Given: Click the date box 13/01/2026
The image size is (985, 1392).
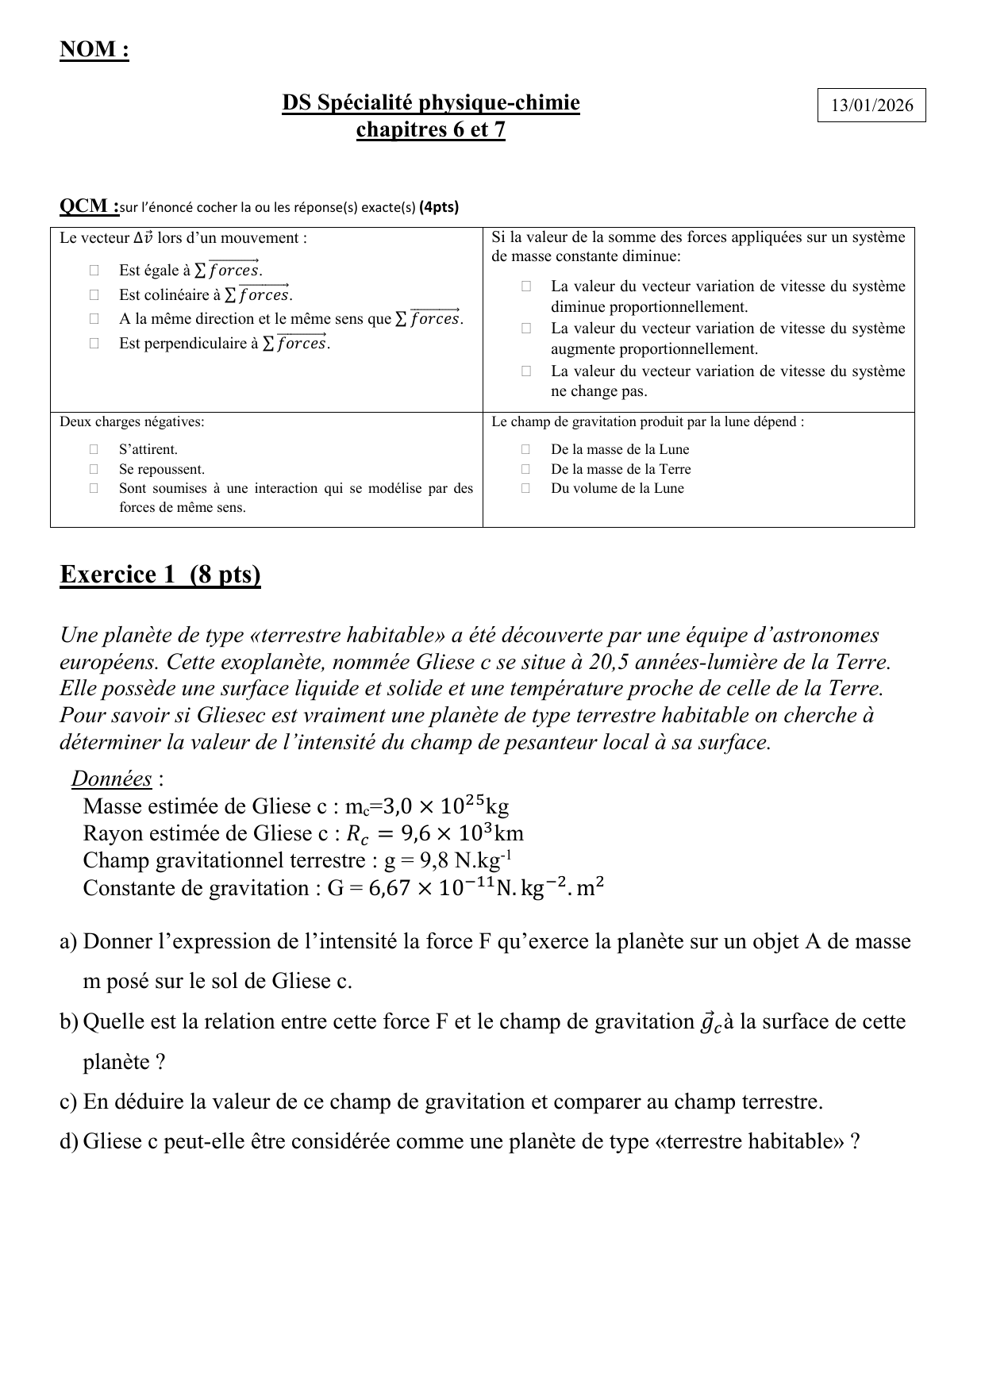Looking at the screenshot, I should [x=871, y=105].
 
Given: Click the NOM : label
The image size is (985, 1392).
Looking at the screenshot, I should [x=94, y=49].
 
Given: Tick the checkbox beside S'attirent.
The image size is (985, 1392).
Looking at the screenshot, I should [x=94, y=449].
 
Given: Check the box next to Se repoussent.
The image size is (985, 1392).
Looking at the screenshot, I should [x=94, y=469].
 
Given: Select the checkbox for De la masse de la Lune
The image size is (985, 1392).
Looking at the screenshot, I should [x=525, y=449].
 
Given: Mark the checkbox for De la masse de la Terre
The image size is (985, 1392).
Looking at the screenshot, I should [x=525, y=469].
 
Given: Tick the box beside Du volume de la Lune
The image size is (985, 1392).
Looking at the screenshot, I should [x=525, y=488].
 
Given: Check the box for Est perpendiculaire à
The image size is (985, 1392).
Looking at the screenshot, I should [x=94, y=344].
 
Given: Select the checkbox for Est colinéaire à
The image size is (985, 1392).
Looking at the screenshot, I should [x=94, y=295].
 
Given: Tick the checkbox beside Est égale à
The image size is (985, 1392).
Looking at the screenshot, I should [x=94, y=271].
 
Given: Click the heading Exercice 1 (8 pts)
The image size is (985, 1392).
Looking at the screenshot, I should [x=160, y=574].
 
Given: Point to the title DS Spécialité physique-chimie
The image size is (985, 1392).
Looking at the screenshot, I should [x=431, y=102].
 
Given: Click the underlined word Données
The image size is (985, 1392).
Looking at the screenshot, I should [x=111, y=779].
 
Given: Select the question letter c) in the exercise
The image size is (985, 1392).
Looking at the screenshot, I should [x=68, y=1102].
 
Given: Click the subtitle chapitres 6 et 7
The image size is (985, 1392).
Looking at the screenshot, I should [x=431, y=129].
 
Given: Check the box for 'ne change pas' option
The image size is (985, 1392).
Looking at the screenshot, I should [x=525, y=371].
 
